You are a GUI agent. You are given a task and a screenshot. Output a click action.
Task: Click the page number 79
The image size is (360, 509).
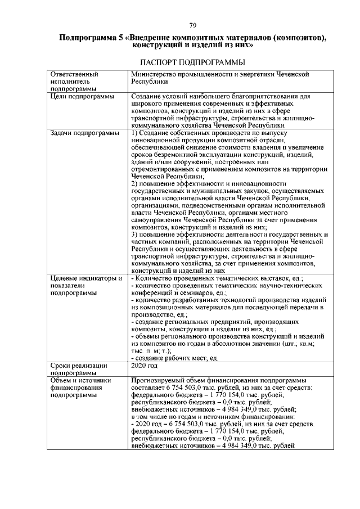[192, 25]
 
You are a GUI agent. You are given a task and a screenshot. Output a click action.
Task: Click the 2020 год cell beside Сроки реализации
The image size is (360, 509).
[143, 365]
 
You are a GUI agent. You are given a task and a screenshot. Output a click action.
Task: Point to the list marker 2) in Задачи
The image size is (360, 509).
[134, 184]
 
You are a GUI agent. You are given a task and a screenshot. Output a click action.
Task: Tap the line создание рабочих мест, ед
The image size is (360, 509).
[173, 358]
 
